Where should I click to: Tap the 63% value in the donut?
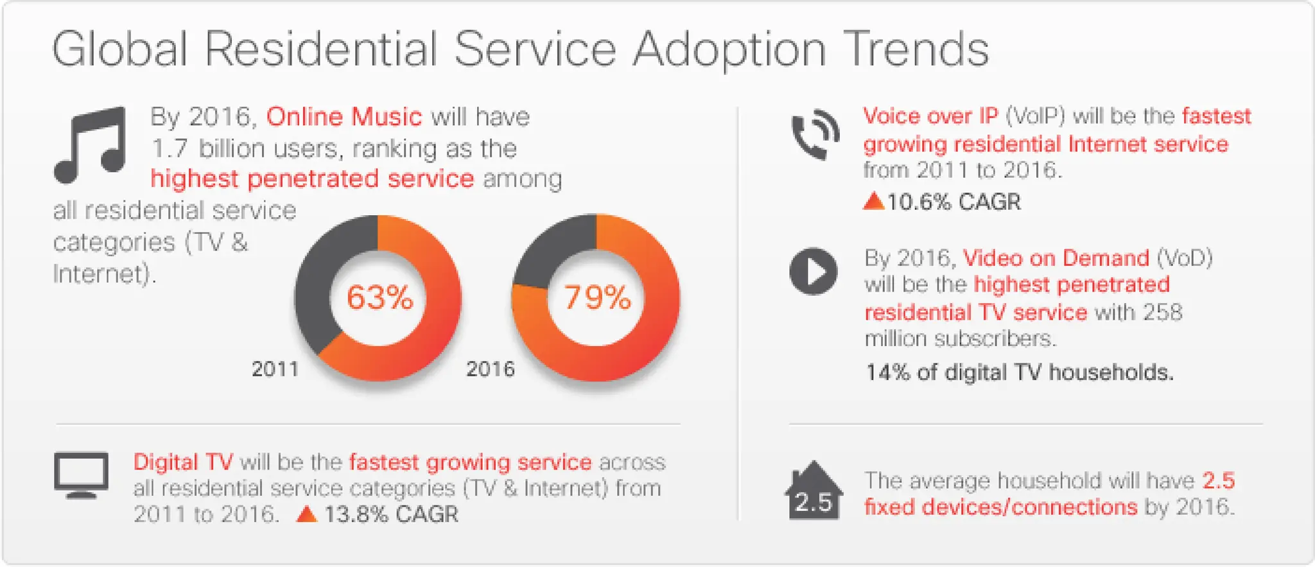pyautogui.click(x=379, y=298)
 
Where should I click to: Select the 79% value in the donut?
pyautogui.click(x=597, y=298)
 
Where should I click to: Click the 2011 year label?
pyautogui.click(x=275, y=369)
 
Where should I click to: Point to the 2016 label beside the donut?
pyautogui.click(x=490, y=369)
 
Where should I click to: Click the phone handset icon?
pyautogui.click(x=814, y=135)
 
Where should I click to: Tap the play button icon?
pyautogui.click(x=813, y=272)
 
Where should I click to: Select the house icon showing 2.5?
pyautogui.click(x=813, y=493)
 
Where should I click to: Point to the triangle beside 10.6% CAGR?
pyautogui.click(x=873, y=202)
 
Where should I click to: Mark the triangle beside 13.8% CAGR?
pyautogui.click(x=306, y=514)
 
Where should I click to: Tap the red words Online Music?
pyautogui.click(x=344, y=117)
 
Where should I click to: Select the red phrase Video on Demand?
pyautogui.click(x=1055, y=258)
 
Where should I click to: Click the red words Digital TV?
pyautogui.click(x=183, y=462)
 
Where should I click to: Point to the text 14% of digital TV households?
pyautogui.click(x=1019, y=372)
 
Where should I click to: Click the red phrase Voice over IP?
pyautogui.click(x=930, y=116)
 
